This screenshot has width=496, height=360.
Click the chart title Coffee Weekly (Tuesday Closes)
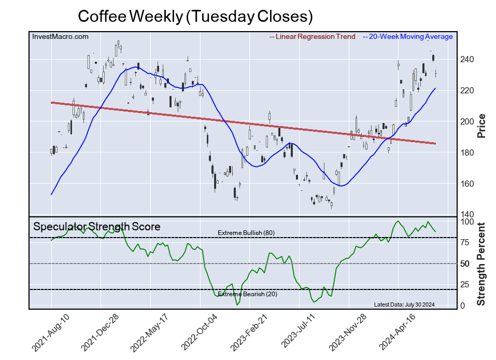[195, 16]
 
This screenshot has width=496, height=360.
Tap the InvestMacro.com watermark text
[60, 36]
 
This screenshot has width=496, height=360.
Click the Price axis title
[481, 125]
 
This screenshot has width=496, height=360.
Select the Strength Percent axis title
[481, 264]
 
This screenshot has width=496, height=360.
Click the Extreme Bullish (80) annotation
[246, 232]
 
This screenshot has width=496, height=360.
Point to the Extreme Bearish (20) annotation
[246, 294]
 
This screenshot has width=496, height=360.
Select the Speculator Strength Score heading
[97, 227]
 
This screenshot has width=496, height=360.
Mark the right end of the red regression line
[435, 143]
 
